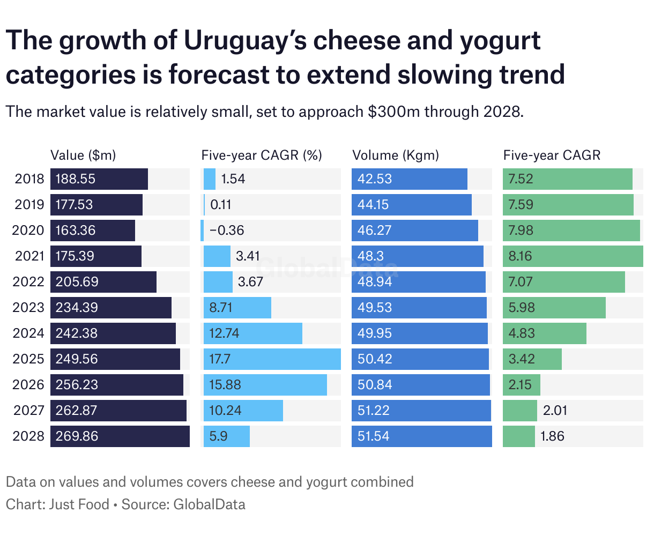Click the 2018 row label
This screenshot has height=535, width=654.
click(29, 179)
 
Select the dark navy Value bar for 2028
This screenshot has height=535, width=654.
click(120, 436)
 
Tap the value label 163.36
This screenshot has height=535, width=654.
click(76, 231)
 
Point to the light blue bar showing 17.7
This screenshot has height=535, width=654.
click(272, 359)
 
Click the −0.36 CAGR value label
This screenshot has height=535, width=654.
click(227, 231)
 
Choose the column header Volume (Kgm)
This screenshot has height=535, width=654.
click(396, 155)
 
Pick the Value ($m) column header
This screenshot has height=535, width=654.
click(83, 155)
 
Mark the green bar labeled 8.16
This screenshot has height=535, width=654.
click(573, 256)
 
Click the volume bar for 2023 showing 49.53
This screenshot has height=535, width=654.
click(419, 308)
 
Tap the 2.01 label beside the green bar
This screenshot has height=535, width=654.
click(555, 411)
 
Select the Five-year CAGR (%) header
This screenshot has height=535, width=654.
click(262, 155)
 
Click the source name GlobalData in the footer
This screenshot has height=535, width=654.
click(210, 504)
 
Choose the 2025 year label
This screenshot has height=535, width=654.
click(29, 359)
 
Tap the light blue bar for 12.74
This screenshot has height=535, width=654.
click(252, 333)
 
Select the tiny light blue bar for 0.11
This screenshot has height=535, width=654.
click(204, 205)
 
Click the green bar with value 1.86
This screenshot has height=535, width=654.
click(518, 436)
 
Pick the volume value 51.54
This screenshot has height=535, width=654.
click(374, 436)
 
